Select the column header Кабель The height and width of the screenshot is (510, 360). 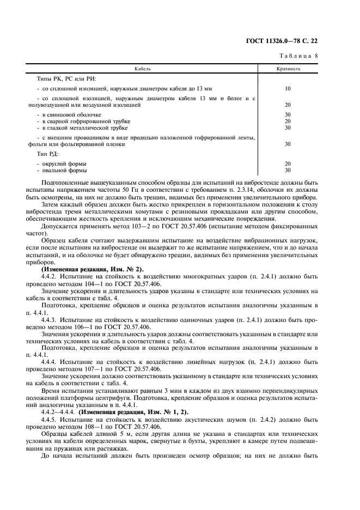click(x=143, y=69)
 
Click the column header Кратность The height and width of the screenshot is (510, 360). click(x=289, y=69)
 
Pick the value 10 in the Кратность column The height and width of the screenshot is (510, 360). click(x=288, y=88)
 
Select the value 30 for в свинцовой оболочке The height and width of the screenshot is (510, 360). click(x=288, y=114)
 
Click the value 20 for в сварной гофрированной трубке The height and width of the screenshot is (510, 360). click(x=288, y=121)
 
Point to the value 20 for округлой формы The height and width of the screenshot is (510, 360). click(x=288, y=163)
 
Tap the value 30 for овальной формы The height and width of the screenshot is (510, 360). click(x=288, y=170)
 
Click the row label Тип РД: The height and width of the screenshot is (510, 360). click(x=47, y=154)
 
